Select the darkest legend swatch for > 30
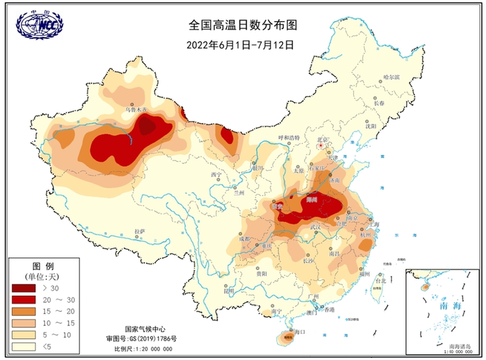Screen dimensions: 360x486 click(24, 288)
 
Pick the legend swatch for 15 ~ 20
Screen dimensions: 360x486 click(24, 311)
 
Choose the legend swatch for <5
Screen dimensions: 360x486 click(24, 345)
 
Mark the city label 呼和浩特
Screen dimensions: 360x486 click(289, 137)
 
